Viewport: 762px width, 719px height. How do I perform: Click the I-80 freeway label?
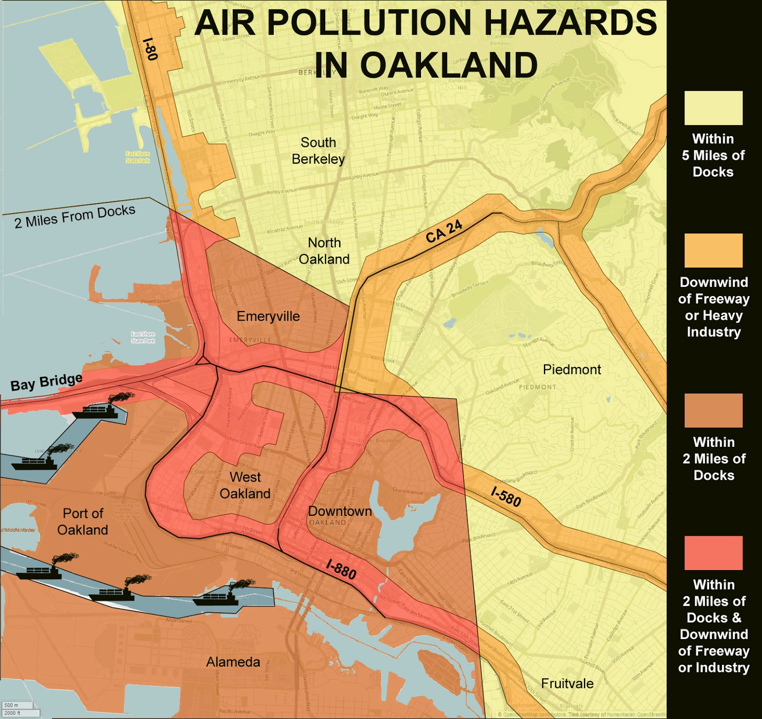click(150, 49)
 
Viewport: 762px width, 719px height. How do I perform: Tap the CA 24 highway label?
click(444, 231)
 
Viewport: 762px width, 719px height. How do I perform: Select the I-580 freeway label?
click(506, 496)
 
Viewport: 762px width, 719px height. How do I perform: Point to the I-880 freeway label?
click(341, 569)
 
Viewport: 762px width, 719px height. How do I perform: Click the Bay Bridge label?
click(46, 382)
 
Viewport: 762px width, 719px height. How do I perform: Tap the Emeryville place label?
click(268, 316)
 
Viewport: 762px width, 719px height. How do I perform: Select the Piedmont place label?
click(572, 369)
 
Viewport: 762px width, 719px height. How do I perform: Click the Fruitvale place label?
click(567, 683)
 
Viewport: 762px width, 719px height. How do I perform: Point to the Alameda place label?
click(233, 662)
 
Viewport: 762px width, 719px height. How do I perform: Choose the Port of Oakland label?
click(83, 522)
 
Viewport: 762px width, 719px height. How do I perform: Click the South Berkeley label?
click(318, 150)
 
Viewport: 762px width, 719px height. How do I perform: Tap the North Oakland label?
click(324, 251)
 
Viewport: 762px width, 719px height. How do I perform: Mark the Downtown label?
click(340, 511)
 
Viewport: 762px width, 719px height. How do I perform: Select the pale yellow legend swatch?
click(713, 108)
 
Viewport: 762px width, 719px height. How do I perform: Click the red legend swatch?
click(713, 552)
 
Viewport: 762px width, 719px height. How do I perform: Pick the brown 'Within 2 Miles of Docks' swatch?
click(713, 410)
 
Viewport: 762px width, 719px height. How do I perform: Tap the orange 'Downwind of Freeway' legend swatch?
click(713, 250)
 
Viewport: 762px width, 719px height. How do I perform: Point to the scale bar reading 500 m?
click(17, 705)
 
